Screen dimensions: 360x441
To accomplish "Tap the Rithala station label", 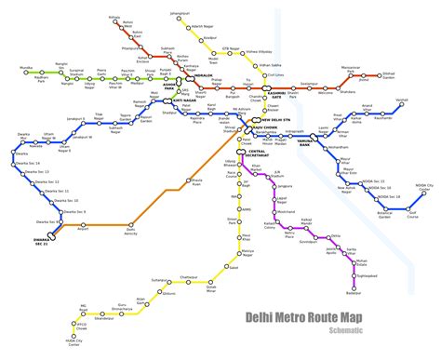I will pos(114,17).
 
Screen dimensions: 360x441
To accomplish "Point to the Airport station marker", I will pos(83,223).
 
